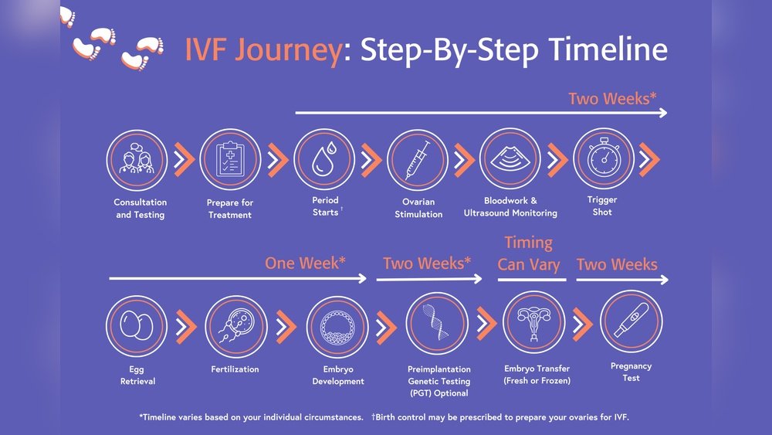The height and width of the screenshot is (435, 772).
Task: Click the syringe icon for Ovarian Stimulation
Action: tap(417, 160)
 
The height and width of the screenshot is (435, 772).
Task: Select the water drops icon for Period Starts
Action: tap(324, 160)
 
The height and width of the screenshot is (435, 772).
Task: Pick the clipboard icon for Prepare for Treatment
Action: tap(230, 160)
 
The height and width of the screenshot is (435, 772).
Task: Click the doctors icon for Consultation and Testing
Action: tap(137, 160)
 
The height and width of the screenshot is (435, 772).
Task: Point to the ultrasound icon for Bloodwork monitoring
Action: tap(510, 158)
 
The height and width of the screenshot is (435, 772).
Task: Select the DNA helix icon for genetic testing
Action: tap(437, 323)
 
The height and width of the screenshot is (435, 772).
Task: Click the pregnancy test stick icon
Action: tap(631, 322)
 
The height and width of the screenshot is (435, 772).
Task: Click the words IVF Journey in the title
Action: tap(262, 50)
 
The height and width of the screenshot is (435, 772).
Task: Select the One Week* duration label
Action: tap(305, 263)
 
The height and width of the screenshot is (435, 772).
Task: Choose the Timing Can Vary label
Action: tap(529, 253)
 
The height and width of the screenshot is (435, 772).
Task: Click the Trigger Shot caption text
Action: tap(602, 206)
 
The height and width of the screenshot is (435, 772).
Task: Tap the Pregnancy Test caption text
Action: tap(631, 372)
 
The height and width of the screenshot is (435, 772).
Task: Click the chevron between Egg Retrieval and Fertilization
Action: tap(185, 328)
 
